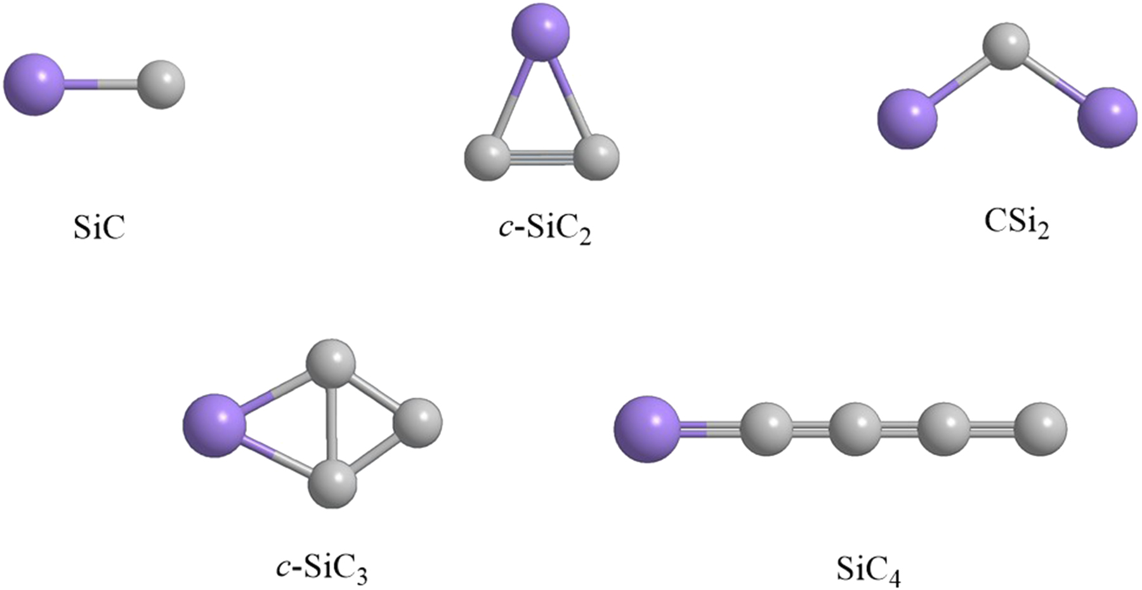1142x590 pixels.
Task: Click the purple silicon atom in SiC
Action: pos(34,84)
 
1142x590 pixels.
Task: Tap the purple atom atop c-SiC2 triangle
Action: pos(541,32)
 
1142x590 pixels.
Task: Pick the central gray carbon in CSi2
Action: pos(1006,46)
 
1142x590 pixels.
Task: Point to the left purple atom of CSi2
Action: pos(907,119)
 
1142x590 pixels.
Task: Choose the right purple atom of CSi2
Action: pos(1107,118)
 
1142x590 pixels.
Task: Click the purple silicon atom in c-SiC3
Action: pos(214,425)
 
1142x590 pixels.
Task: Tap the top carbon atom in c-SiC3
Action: pos(331,364)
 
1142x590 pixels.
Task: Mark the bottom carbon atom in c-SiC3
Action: pos(332,484)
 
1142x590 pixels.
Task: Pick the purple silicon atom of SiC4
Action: pos(646,429)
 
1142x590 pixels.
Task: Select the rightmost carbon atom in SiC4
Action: pos(1040,429)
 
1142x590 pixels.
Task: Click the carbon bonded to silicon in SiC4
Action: pos(766,429)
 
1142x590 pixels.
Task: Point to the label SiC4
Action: pos(867,568)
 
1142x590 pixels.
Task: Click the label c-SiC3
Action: pos(322,567)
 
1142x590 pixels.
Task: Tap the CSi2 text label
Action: pos(1016,223)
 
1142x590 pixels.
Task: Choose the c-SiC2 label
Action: pos(545,229)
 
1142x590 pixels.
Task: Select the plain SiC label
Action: pos(100,227)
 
